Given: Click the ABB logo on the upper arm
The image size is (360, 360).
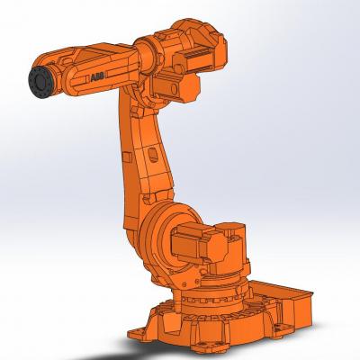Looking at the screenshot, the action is click(97, 77).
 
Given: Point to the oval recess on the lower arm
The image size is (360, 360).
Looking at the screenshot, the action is click(152, 156).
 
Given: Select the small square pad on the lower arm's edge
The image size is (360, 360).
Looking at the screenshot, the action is click(128, 157).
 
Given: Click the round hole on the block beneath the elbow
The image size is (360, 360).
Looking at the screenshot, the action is click(174, 89).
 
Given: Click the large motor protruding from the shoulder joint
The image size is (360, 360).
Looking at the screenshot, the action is click(198, 242).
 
